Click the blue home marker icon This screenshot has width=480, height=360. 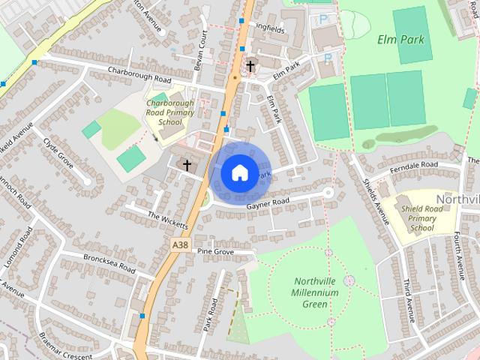(x=239, y=173)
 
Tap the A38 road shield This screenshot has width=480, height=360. (x=180, y=245)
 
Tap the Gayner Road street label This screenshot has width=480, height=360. (x=268, y=203)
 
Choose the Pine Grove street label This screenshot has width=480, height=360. (x=216, y=252)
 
